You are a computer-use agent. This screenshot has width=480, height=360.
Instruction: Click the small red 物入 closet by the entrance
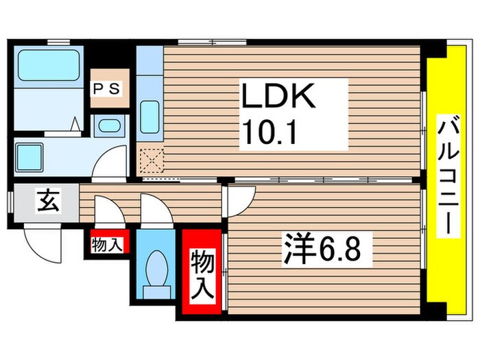106,243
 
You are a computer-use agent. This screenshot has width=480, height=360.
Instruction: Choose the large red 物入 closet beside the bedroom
202,273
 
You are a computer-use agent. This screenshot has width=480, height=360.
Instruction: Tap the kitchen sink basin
149,118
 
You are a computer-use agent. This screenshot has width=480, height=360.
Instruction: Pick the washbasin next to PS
108,125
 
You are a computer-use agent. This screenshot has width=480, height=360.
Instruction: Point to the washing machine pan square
31,156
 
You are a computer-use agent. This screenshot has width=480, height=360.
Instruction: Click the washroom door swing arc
110,163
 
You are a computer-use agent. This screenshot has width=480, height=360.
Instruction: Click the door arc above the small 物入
108,211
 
